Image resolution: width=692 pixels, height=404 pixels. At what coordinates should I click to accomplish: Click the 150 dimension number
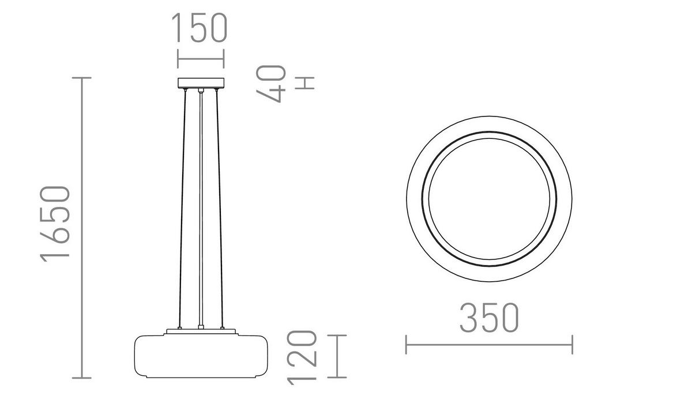200,29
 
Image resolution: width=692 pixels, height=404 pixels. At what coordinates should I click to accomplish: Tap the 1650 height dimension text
56,223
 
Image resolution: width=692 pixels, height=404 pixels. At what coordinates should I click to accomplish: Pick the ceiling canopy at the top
200,82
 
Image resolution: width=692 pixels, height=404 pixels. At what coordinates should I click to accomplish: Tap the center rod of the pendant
200,207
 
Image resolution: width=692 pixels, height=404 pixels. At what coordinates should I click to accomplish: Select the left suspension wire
183,207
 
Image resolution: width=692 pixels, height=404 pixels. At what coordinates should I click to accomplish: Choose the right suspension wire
219,207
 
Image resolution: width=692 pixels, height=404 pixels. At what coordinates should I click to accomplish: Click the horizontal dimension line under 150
200,58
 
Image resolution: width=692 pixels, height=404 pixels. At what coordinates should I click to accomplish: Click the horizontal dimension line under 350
489,345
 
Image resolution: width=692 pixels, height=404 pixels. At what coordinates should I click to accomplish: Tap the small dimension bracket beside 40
305,83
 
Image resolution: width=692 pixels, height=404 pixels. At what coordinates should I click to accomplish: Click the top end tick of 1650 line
82,77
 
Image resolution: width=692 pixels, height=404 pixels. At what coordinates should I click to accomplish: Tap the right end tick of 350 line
572,345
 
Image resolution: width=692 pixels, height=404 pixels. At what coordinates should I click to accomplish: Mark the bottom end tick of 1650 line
82,378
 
